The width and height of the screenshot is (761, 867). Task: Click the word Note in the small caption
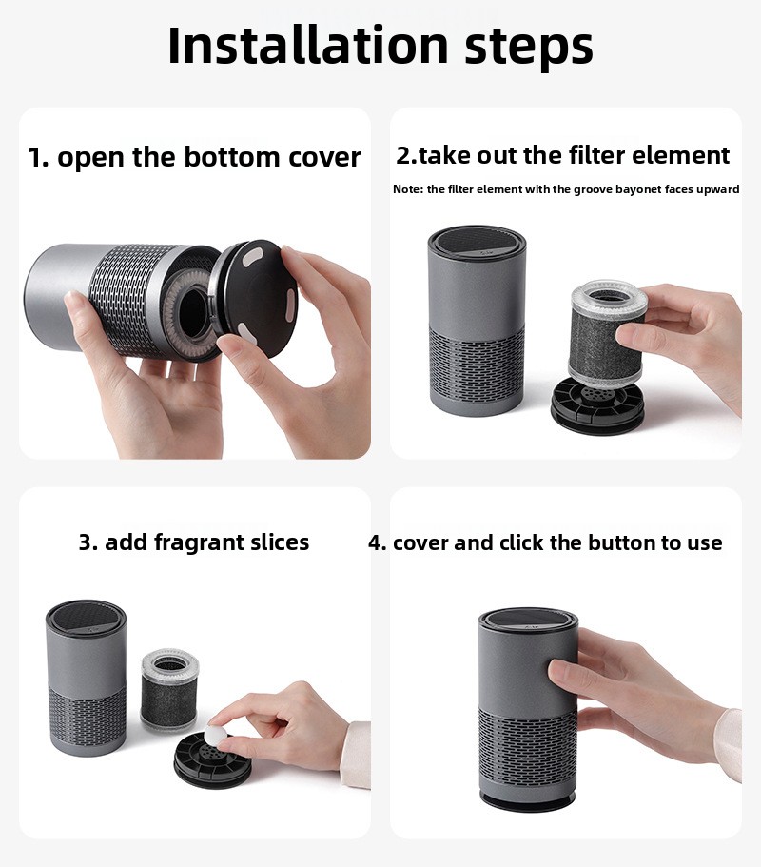[x=408, y=189]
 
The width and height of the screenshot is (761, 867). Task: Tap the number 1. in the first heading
[x=38, y=157]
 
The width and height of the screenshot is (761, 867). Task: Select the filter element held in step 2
[x=607, y=332]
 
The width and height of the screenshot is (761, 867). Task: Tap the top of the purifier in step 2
[x=477, y=241]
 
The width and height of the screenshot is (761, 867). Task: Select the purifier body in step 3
[x=87, y=679]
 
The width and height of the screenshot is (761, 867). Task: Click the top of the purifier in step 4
[x=528, y=621]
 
